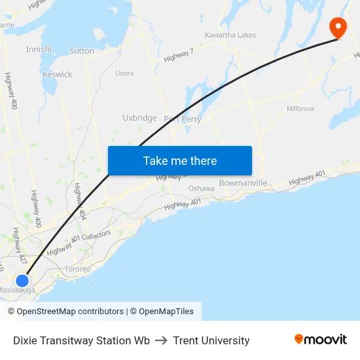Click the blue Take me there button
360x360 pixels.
(x=180, y=160)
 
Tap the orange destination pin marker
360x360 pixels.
(x=338, y=27)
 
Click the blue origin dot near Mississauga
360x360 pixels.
(x=22, y=280)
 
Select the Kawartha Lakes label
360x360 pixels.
(x=230, y=35)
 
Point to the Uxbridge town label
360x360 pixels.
(x=139, y=118)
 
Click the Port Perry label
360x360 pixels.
(x=182, y=119)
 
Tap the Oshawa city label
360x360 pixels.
(x=201, y=189)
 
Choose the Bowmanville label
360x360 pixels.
(x=243, y=183)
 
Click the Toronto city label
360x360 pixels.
(x=77, y=269)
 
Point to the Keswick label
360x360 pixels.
(x=57, y=74)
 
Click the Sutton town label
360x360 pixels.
(x=82, y=50)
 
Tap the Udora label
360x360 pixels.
(x=124, y=73)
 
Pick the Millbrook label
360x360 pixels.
(x=300, y=109)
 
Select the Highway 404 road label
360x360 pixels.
(x=80, y=202)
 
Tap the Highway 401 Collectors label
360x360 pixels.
(x=79, y=242)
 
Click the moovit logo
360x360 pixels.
(x=321, y=340)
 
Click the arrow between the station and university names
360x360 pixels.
(x=162, y=340)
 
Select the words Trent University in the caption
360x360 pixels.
(x=211, y=340)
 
